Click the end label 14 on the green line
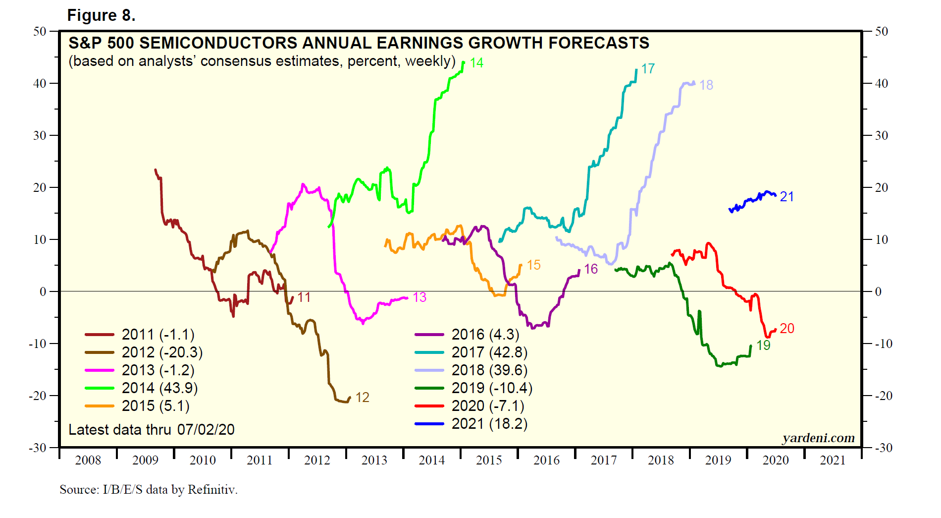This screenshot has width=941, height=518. [x=476, y=63]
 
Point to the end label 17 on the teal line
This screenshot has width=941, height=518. [x=648, y=69]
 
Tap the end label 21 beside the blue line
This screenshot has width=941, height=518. [x=787, y=197]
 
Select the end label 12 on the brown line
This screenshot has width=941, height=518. [x=362, y=398]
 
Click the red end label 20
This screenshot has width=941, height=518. [x=787, y=329]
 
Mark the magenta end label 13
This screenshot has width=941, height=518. [x=419, y=297]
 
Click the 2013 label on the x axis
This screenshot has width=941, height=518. [x=374, y=460]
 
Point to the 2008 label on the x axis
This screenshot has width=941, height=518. [x=88, y=460]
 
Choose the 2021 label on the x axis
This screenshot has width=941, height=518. [x=833, y=460]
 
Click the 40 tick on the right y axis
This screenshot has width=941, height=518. [x=882, y=83]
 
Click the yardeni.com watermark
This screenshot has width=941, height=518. [x=818, y=438]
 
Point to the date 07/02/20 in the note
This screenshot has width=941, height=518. [x=206, y=430]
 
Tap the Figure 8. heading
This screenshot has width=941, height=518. [x=102, y=15]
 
